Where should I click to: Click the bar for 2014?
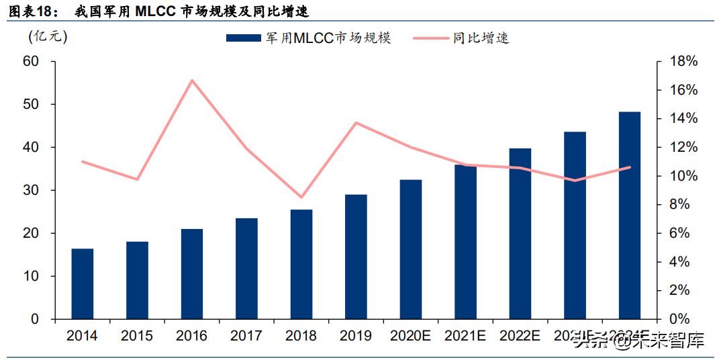(83, 283)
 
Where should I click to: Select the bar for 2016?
(192, 273)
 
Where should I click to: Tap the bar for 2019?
(356, 257)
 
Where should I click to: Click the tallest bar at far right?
(629, 215)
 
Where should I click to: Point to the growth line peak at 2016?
(192, 81)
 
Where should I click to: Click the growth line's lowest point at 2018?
(301, 197)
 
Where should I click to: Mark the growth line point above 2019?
(356, 123)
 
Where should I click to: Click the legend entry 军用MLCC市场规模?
(308, 38)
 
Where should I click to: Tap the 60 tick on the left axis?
(31, 61)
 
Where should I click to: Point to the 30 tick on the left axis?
(31, 190)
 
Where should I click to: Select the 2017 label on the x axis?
(246, 336)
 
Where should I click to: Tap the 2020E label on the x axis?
(410, 336)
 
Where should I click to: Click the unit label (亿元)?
(48, 37)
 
